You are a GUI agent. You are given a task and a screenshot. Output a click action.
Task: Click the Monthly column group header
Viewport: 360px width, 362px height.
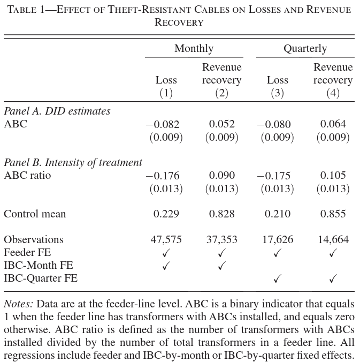pyautogui.click(x=194, y=49)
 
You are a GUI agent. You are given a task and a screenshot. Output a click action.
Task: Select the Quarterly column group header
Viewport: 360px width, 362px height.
pyautogui.click(x=305, y=49)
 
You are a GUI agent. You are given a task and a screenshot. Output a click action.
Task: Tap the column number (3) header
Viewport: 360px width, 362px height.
pyautogui.click(x=277, y=93)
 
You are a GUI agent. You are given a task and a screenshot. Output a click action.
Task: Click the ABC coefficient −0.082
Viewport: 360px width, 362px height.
pyautogui.click(x=163, y=124)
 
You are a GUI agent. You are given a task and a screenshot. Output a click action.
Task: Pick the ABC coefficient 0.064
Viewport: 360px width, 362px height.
pyautogui.click(x=333, y=124)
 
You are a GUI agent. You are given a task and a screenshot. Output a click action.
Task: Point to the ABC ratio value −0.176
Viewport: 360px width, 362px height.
pyautogui.click(x=163, y=176)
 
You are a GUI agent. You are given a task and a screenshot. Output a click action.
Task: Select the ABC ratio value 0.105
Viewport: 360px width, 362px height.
pyautogui.click(x=333, y=176)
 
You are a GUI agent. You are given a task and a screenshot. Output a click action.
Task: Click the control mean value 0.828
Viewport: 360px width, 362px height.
pyautogui.click(x=221, y=214)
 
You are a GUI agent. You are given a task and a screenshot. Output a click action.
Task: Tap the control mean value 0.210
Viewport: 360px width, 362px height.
pyautogui.click(x=277, y=214)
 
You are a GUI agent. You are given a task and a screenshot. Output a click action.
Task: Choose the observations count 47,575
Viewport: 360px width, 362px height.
pyautogui.click(x=166, y=239)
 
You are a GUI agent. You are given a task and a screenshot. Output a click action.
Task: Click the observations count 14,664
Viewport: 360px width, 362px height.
pyautogui.click(x=333, y=239)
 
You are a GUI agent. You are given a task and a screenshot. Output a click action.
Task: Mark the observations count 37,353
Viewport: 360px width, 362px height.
pyautogui.click(x=221, y=239)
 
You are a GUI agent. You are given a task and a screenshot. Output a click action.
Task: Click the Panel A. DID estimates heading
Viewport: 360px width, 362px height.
pyautogui.click(x=57, y=111)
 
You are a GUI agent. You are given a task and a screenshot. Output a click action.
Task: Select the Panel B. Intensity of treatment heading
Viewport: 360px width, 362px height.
pyautogui.click(x=73, y=163)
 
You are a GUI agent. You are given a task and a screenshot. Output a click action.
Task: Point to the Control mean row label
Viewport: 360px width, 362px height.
pyautogui.click(x=35, y=214)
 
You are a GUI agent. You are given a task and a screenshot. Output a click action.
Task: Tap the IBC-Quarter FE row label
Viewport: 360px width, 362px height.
pyautogui.click(x=41, y=278)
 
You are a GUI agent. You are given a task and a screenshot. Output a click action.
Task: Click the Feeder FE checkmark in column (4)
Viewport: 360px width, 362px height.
pyautogui.click(x=333, y=253)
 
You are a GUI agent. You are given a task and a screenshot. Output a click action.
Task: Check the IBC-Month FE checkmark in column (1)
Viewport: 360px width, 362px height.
pyautogui.click(x=166, y=266)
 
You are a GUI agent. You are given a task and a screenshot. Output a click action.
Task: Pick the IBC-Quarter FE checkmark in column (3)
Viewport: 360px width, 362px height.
pyautogui.click(x=277, y=278)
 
